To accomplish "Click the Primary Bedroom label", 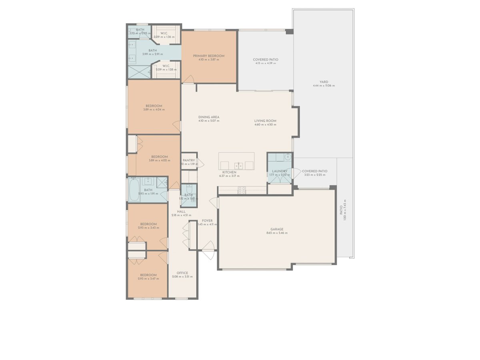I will [208, 56].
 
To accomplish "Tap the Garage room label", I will [277, 229].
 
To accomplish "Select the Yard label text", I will [324, 82].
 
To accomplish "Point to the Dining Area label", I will [209, 117].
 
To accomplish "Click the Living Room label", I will [265, 121].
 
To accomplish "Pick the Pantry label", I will [189, 160].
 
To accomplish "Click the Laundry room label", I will [279, 171].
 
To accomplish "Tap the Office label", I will [182, 273].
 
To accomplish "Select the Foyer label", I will [207, 220].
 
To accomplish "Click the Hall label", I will [181, 211].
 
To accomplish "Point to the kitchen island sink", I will [238, 166].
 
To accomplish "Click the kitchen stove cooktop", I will [242, 191].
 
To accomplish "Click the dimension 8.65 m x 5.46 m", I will [277, 233].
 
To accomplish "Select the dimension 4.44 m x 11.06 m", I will [324, 86].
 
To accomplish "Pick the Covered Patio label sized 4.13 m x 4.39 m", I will [265, 60].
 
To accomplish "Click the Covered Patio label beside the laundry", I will [314, 171].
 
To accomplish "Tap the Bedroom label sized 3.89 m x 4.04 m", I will [154, 106].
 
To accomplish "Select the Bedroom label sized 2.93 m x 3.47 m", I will [148, 275].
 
